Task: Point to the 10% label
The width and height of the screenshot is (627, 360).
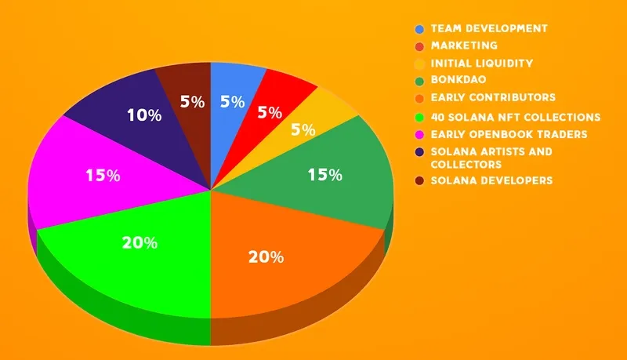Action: point(143,115)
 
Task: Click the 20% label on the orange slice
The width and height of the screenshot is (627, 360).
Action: point(266,256)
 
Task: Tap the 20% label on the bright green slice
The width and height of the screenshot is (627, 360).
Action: point(139,242)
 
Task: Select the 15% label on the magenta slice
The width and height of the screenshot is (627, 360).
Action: point(103,176)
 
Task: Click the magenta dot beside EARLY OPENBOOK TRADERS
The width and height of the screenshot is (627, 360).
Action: point(419,135)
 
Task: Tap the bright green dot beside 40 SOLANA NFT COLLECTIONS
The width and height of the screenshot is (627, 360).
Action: point(419,118)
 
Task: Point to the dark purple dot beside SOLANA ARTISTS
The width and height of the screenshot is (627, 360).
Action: point(419,152)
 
